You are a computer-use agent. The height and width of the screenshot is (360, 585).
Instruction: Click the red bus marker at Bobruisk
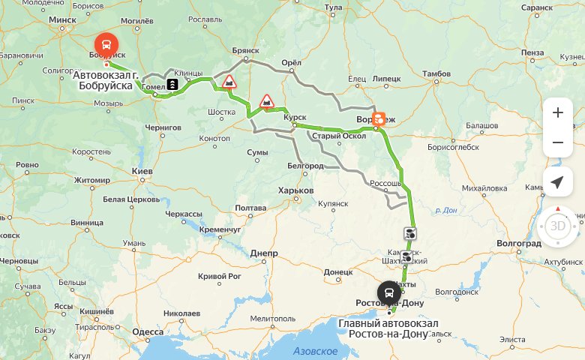coord(106,44)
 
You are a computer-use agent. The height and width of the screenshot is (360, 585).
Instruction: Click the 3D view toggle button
coord(557,226)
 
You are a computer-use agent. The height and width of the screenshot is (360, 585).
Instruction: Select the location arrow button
coord(557,182)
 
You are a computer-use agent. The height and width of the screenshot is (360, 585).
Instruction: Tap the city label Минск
coord(63,20)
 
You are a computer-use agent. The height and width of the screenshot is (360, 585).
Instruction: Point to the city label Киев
coord(142,172)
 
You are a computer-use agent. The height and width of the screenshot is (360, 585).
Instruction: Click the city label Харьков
coord(295,190)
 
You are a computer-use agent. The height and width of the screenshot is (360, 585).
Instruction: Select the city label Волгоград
coord(518,244)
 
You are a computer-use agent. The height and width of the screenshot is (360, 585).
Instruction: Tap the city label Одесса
coord(148,331)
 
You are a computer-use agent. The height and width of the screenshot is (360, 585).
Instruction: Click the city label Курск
coord(295,117)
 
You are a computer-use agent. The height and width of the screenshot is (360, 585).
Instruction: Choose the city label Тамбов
coord(436,73)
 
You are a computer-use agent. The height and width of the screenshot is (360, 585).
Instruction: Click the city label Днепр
coord(264,253)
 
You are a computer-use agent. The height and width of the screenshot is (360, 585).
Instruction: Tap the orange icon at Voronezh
coord(379,118)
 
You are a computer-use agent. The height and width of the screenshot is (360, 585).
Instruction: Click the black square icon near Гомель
coord(172,85)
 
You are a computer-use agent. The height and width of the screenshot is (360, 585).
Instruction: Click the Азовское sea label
coord(315,351)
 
